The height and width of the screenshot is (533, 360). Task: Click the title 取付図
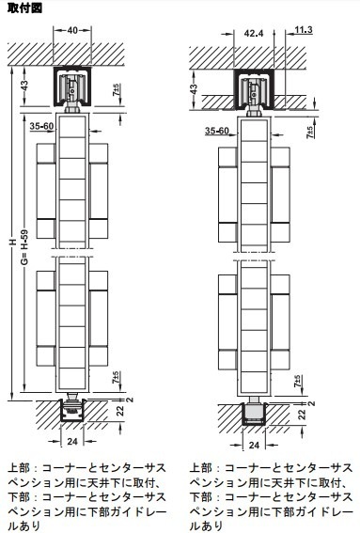(x=24, y=8)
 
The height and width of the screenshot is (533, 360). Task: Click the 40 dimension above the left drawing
(x=72, y=31)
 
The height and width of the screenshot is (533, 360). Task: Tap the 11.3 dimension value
(x=304, y=30)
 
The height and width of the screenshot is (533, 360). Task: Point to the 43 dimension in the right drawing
(x=194, y=89)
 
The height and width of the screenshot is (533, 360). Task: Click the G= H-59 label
(x=24, y=247)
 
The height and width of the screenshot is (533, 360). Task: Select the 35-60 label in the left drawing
(x=41, y=127)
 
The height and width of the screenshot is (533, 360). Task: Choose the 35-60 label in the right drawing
(x=217, y=131)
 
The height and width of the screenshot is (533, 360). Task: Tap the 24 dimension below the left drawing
(x=72, y=441)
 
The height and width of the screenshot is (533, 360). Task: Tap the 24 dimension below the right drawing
(x=254, y=445)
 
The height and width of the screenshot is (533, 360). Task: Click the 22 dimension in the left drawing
(x=120, y=411)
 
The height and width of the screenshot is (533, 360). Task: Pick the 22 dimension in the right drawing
(x=302, y=415)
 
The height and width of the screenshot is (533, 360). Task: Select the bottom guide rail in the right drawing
(x=254, y=415)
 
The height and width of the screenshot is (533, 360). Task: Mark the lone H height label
(x=13, y=242)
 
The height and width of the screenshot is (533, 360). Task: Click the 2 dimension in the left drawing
(x=131, y=400)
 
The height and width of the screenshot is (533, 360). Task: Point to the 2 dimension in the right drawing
(x=312, y=403)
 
